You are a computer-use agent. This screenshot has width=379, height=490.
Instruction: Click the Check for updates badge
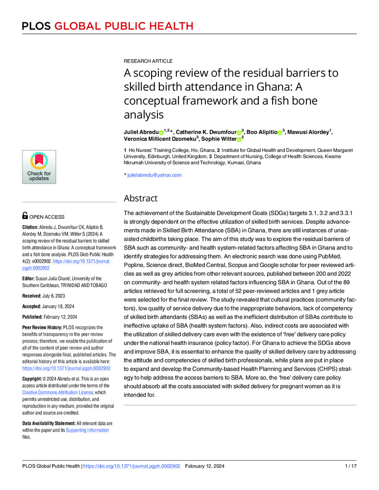pyautogui.click(x=39, y=167)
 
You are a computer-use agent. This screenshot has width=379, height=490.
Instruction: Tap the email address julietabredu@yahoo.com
pyautogui.click(x=154, y=175)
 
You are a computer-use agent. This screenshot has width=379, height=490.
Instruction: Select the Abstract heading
pyautogui.click(x=141, y=198)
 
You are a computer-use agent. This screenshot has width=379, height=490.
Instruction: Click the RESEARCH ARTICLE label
pyautogui.click(x=148, y=61)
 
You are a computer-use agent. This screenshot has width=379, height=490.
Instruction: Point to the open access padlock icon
pyautogui.click(x=25, y=215)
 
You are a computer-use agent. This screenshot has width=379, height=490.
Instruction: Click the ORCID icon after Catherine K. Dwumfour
pyautogui.click(x=240, y=132)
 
